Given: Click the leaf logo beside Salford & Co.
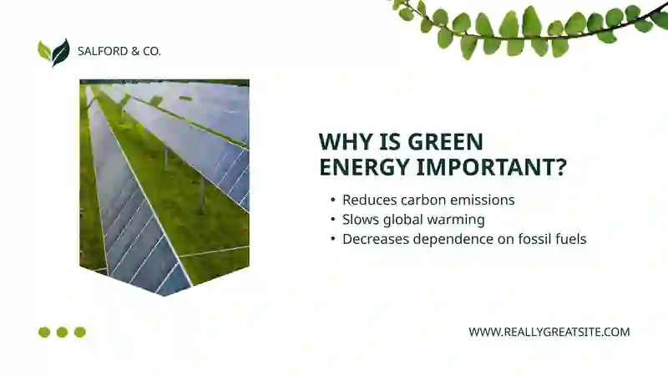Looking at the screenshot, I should click(x=53, y=52).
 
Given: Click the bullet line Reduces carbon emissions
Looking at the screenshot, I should click(x=428, y=201).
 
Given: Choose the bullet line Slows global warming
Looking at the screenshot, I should click(x=413, y=220).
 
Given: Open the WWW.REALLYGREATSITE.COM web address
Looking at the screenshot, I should click(x=549, y=332).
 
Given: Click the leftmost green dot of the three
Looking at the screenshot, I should click(x=44, y=332).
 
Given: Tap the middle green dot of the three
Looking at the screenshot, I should click(x=62, y=332).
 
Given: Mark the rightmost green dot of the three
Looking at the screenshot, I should click(x=80, y=332).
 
